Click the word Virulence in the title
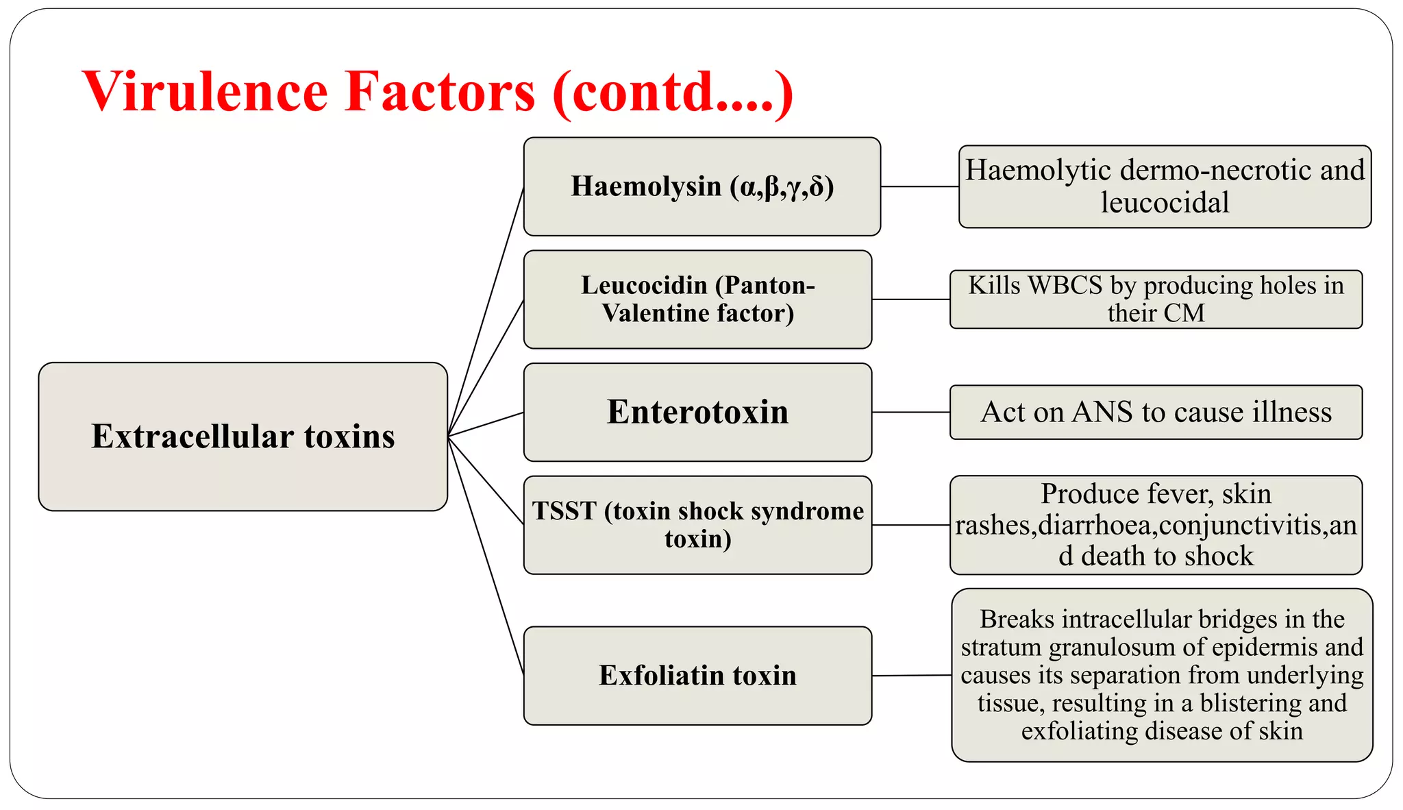[x=205, y=92]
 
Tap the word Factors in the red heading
[x=439, y=92]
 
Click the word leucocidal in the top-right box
[x=1165, y=203]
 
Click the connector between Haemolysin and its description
[x=919, y=186]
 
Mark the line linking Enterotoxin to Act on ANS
[x=910, y=412]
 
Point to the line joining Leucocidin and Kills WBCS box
[x=910, y=299]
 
